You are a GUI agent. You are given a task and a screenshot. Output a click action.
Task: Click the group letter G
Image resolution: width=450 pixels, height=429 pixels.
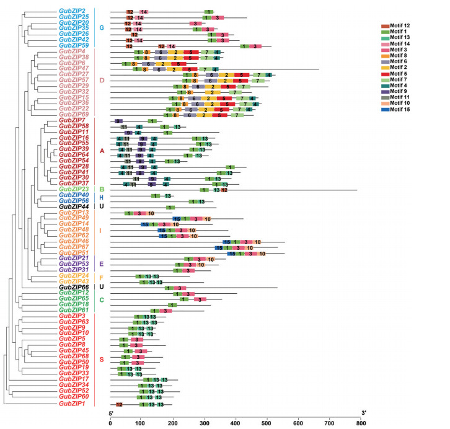[x=102, y=28]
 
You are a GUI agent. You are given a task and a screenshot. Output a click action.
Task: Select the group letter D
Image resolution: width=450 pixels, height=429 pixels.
[x=102, y=80]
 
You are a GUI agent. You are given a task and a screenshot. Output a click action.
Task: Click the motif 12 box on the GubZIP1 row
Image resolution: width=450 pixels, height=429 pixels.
[x=119, y=404]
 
